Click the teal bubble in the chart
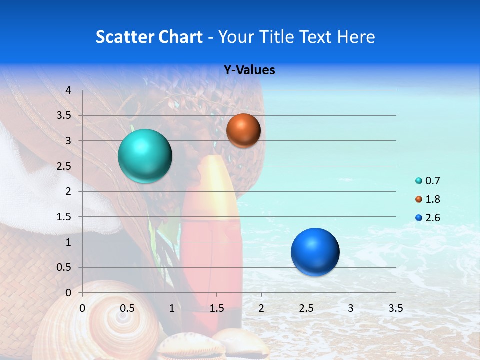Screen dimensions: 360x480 145,156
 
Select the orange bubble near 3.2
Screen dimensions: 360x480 243,130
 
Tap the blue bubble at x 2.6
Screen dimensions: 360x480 315,252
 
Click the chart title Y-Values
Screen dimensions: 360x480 249,70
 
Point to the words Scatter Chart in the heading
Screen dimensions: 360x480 149,37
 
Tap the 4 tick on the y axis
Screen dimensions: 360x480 69,90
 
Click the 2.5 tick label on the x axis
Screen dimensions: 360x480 306,308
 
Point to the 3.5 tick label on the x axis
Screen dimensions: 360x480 395,308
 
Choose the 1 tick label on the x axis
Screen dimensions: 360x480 172,308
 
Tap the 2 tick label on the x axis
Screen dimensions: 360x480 261,308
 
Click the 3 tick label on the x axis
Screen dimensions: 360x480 351,308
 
